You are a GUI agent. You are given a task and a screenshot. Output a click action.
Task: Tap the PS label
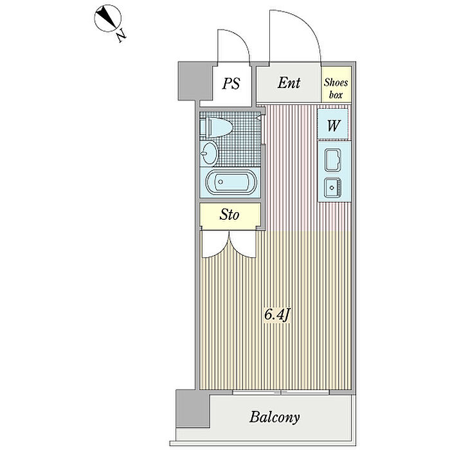(231, 84)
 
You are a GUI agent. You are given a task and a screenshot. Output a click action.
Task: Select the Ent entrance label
(288, 83)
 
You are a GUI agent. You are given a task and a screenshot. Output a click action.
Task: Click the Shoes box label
(336, 87)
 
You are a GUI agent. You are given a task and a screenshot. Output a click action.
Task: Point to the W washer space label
(333, 125)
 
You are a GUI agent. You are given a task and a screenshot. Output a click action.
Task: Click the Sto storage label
(230, 214)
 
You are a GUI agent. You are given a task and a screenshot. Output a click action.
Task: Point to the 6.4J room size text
(277, 316)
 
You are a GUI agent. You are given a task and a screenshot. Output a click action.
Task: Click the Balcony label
(274, 417)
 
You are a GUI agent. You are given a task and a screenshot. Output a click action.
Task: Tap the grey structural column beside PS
(188, 82)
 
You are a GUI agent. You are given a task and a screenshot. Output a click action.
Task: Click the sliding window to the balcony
(281, 392)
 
